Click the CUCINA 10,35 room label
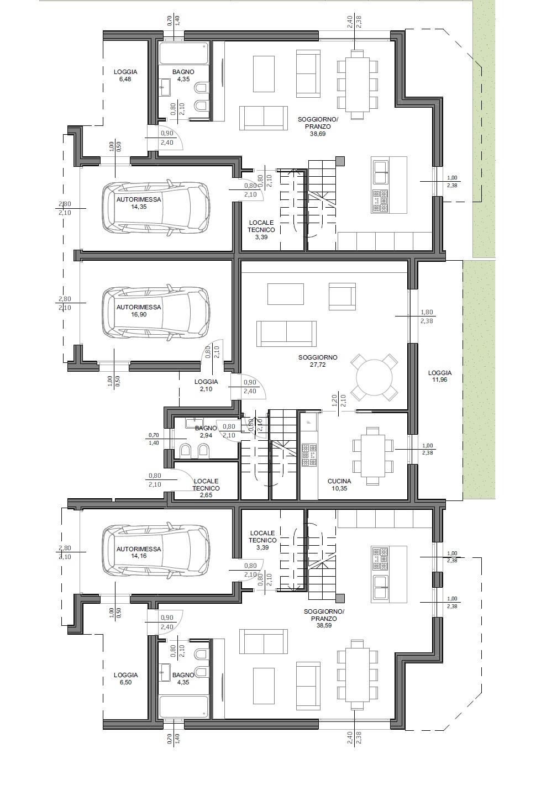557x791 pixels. point(339,484)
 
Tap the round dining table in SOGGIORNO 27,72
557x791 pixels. point(374,377)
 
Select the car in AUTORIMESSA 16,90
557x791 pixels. point(155,312)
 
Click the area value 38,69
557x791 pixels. point(318,134)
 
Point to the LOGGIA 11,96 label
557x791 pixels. point(440,376)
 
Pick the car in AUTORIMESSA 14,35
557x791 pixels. point(155,208)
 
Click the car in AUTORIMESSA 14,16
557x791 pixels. point(155,551)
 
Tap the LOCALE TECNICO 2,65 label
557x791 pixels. point(206,488)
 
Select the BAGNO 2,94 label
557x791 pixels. point(206,431)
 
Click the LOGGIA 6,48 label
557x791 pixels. point(125,75)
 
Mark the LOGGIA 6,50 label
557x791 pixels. point(125,678)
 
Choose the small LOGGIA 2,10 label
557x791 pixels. point(206,385)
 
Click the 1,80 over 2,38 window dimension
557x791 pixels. point(427,317)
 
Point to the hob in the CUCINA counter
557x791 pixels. point(309,455)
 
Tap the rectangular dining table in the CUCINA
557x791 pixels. point(372,455)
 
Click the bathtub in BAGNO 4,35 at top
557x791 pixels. point(183,53)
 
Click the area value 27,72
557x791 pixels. point(318,365)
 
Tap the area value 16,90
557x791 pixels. point(139,314)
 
